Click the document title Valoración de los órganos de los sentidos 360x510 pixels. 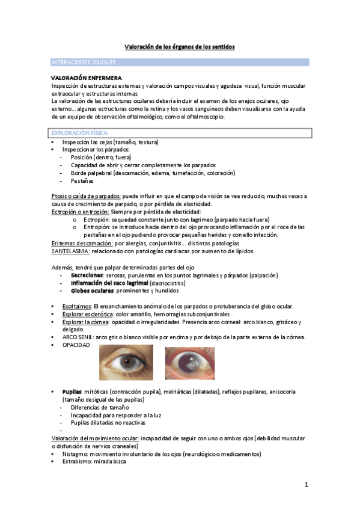[x=180, y=46]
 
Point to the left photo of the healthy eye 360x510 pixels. [x=126, y=363]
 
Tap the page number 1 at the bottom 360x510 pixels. [x=305, y=484]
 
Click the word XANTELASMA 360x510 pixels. [x=71, y=251]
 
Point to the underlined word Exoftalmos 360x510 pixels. [x=76, y=306]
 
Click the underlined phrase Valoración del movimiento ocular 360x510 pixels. [x=94, y=439]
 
